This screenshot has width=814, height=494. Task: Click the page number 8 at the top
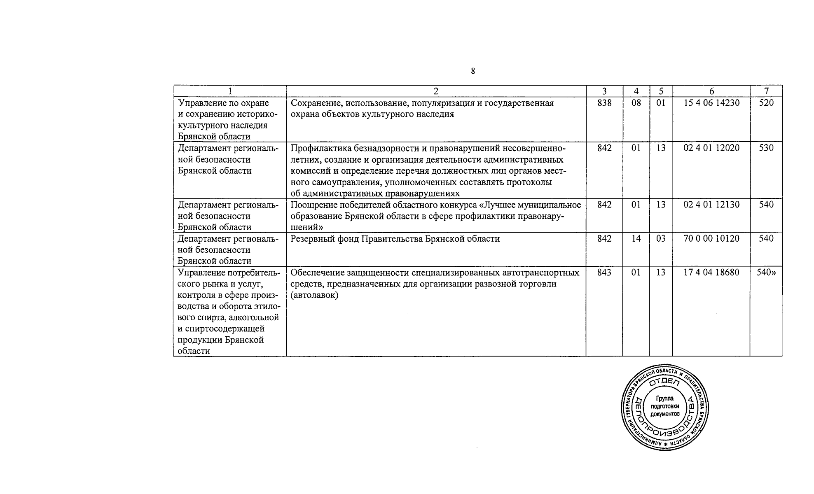click(x=472, y=71)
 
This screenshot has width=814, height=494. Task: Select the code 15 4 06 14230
click(x=711, y=103)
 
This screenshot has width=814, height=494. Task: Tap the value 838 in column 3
click(x=604, y=103)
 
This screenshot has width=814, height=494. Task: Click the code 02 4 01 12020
click(x=711, y=148)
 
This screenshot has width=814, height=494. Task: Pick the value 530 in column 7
click(x=766, y=148)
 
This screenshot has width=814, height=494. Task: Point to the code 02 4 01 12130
click(x=711, y=205)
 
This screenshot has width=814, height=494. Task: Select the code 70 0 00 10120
click(x=711, y=238)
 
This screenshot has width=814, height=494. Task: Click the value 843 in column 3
click(x=604, y=273)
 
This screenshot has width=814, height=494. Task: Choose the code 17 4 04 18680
click(x=711, y=273)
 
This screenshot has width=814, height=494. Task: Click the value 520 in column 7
click(x=766, y=103)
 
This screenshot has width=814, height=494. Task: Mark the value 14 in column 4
click(x=636, y=238)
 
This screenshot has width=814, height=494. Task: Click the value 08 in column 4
click(x=636, y=103)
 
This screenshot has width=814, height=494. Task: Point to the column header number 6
click(x=711, y=91)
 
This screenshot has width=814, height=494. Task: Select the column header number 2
click(x=436, y=91)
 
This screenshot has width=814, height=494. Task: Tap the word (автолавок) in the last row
click(x=314, y=295)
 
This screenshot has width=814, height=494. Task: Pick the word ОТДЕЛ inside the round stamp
click(x=664, y=383)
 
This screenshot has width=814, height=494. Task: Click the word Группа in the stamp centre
click(x=664, y=398)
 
